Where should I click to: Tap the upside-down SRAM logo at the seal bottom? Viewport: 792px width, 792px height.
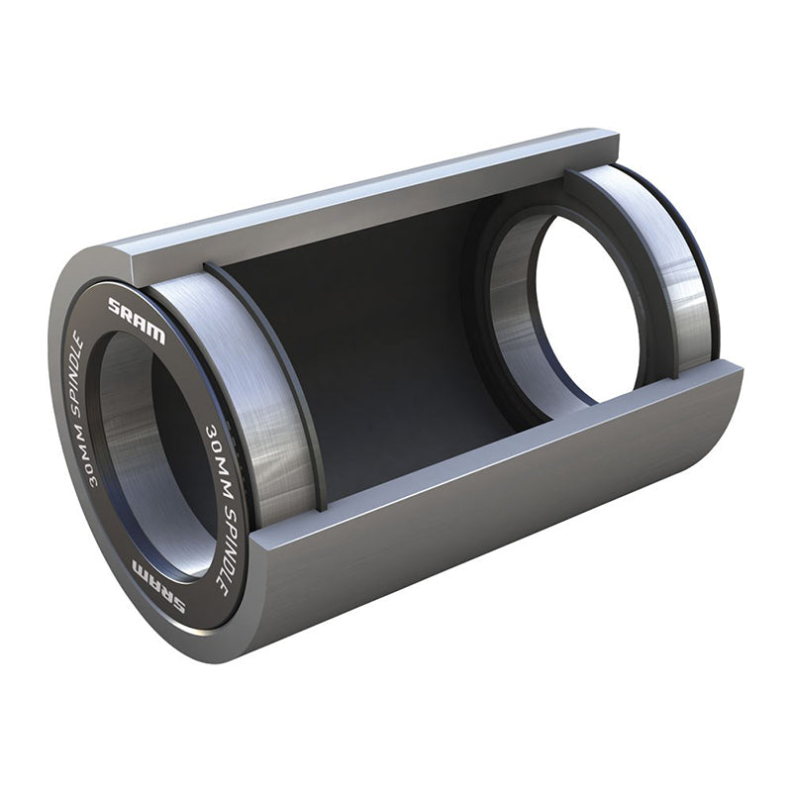coord(158,584)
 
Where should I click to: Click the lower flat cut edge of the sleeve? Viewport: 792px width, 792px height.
coord(495,465)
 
